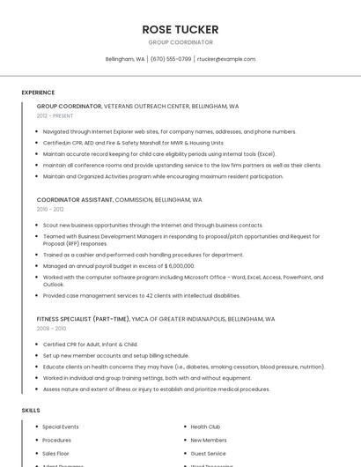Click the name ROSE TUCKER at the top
(x=180, y=29)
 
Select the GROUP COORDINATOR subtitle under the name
(x=180, y=42)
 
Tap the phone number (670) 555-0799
(x=171, y=59)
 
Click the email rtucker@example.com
(x=226, y=59)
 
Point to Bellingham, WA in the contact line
(x=125, y=59)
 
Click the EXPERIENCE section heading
(x=38, y=93)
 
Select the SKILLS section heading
(x=31, y=411)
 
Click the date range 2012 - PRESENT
(x=55, y=115)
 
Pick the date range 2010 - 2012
(x=50, y=209)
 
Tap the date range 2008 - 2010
(x=50, y=328)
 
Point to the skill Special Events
(x=61, y=426)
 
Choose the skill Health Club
(x=205, y=426)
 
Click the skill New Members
(x=209, y=440)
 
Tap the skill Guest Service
(x=209, y=453)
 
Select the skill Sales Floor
(x=55, y=453)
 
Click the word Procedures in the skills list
(x=57, y=440)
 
